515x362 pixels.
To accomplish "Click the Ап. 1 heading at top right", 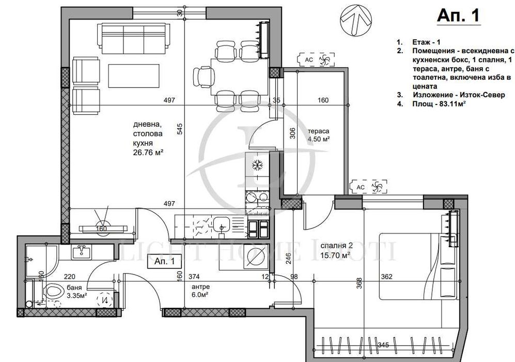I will [458, 16].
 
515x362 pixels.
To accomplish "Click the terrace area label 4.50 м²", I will [319, 139].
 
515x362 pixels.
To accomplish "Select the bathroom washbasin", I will [82, 252].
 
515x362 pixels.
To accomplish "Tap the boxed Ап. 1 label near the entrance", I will [164, 262].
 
